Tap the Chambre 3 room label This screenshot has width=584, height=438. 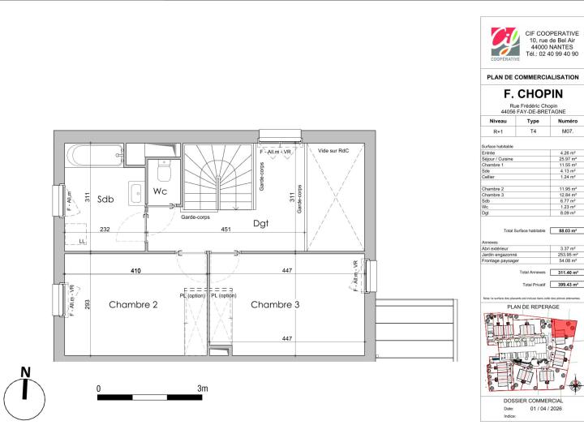pyautogui.click(x=275, y=305)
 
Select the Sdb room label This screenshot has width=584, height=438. pyautogui.click(x=105, y=199)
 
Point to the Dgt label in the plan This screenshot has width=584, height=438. pyautogui.click(x=260, y=223)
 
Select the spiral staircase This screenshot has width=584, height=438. pyautogui.click(x=218, y=178)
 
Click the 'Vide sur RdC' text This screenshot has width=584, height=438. pyautogui.click(x=333, y=150)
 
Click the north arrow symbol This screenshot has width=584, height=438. pyautogui.click(x=26, y=389)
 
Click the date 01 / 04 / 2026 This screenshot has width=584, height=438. pyautogui.click(x=544, y=409)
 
